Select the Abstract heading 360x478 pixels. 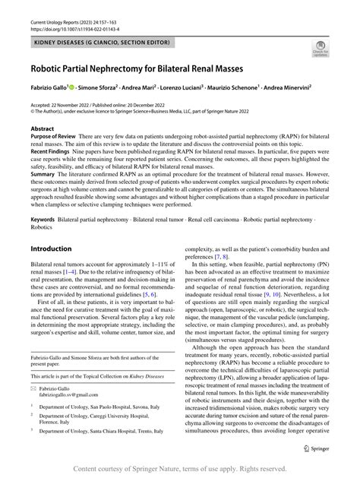point(43,129)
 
